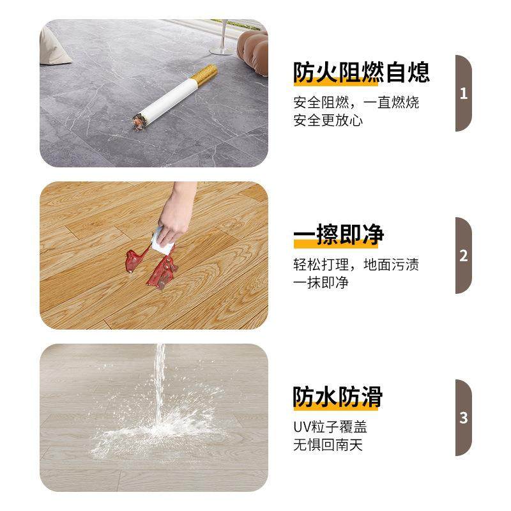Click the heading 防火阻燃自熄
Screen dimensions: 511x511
(x=361, y=72)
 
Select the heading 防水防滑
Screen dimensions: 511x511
(x=338, y=397)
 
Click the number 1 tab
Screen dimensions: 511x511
(x=464, y=93)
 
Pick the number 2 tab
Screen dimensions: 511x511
(x=464, y=256)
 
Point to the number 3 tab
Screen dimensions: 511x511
(x=464, y=418)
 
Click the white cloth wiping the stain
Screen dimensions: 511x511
(x=165, y=240)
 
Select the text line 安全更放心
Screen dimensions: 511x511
(x=328, y=120)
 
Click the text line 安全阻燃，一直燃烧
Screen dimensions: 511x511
(x=356, y=103)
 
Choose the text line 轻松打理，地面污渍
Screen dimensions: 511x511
(x=356, y=265)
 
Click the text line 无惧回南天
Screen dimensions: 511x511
(x=328, y=445)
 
